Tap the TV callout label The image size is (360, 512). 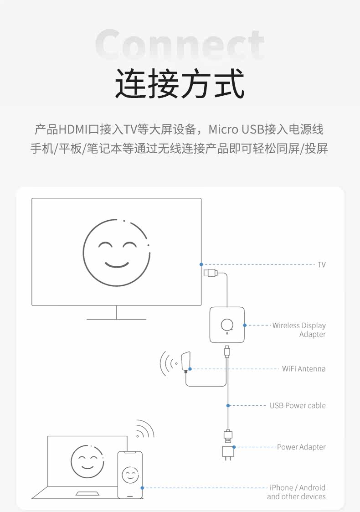point(321,264)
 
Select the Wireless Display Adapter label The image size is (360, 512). point(299,330)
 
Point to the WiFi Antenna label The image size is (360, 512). point(303,368)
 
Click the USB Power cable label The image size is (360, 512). point(298,405)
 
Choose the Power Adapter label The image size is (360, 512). point(301,447)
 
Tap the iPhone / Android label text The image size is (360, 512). point(297,488)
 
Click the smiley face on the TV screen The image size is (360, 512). point(117,253)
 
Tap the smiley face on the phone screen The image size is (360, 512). point(130,476)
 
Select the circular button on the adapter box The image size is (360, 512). point(226,324)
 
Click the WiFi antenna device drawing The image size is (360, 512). point(185,362)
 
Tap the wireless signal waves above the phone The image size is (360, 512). point(145,429)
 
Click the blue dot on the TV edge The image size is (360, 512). point(201,264)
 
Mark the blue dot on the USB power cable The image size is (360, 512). point(228,405)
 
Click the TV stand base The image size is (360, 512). point(116,319)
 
